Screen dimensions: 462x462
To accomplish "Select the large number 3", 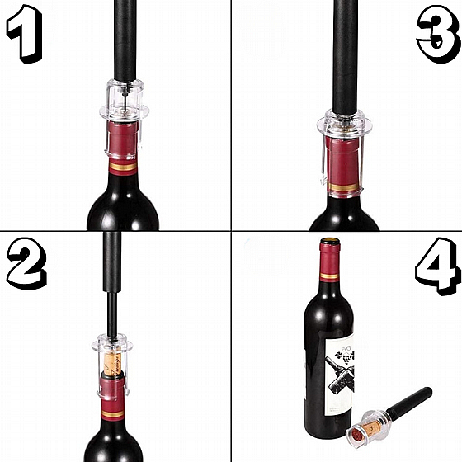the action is click(438, 35).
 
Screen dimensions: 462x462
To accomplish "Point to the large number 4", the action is click(437, 265).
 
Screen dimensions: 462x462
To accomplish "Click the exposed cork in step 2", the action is click(112, 364).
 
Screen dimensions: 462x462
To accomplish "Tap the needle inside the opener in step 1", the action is click(126, 97).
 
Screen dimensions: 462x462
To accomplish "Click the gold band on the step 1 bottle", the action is click(123, 167).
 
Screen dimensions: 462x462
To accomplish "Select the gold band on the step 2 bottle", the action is click(112, 414).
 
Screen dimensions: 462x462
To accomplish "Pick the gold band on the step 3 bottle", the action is click(344, 186).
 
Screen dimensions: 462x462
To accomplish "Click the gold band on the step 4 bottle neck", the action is click(329, 276).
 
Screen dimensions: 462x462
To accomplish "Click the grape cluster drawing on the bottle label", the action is click(346, 357).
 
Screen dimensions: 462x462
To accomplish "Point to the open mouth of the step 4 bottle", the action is click(330, 241).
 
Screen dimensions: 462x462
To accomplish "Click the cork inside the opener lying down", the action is click(368, 430).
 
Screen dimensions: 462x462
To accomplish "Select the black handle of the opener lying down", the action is click(409, 402).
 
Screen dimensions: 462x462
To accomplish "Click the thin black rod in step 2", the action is click(112, 314).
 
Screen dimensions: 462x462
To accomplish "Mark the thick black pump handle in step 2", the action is click(112, 262).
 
